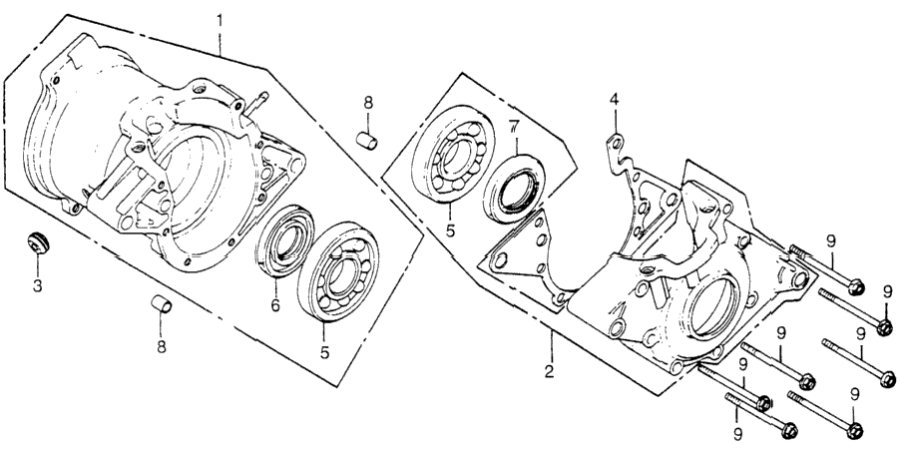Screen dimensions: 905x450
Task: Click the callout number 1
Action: tap(220, 21)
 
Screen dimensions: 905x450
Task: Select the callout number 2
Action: tap(549, 371)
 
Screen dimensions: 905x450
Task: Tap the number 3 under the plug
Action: tap(38, 285)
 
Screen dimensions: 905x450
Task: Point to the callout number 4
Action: tap(615, 100)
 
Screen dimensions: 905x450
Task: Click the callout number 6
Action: tap(275, 305)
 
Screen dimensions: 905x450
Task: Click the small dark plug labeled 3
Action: tap(39, 241)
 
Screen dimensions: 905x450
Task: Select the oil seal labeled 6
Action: tap(285, 238)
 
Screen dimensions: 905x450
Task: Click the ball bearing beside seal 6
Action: tap(338, 271)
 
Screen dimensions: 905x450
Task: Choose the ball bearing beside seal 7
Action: tap(453, 154)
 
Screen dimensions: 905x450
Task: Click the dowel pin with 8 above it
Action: tap(366, 141)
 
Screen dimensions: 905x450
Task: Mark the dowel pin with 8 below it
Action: tap(162, 303)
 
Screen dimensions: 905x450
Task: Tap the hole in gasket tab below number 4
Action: tap(616, 142)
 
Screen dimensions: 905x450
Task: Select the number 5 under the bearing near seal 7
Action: tap(450, 231)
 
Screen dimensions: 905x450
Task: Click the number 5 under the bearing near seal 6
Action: tap(325, 352)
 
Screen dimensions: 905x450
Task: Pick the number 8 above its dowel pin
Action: tap(368, 103)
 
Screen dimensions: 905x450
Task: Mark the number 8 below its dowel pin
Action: tap(162, 347)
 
